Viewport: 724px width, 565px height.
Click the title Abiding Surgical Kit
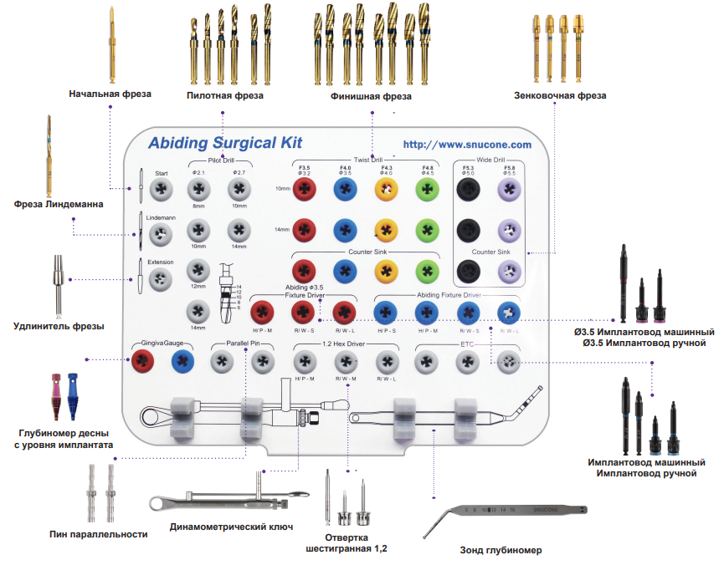[x=224, y=143]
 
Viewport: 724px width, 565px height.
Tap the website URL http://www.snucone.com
[x=467, y=145]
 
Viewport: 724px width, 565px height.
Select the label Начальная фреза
[x=110, y=94]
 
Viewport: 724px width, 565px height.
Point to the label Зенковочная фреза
[x=560, y=95]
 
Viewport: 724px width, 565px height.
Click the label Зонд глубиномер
[x=501, y=551]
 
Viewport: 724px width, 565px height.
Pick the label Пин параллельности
[x=99, y=534]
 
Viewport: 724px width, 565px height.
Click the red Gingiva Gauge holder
[x=143, y=361]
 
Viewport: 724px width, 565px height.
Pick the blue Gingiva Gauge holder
[x=183, y=361]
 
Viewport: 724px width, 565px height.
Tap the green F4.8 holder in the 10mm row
[x=427, y=191]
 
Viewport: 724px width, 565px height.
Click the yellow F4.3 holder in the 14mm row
[x=387, y=229]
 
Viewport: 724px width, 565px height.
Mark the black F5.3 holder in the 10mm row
[x=468, y=191]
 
